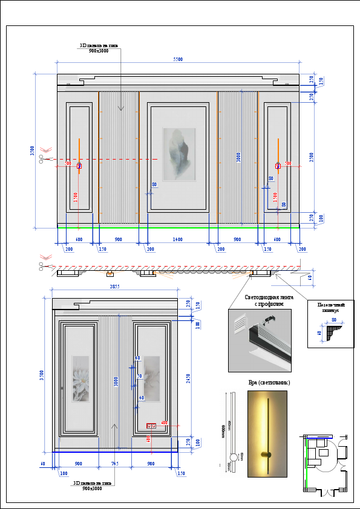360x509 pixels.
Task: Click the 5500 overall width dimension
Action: [178, 59]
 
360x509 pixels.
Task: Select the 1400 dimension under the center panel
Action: [177, 240]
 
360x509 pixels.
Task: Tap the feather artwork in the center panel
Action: [180, 154]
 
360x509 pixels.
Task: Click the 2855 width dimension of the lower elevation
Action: [115, 287]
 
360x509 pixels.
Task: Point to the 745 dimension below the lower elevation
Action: [115, 464]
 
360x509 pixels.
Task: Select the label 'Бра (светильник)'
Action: [269, 383]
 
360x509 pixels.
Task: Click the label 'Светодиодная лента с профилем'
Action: [268, 300]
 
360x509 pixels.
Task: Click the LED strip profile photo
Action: [260, 340]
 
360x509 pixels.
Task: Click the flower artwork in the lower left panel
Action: [80, 378]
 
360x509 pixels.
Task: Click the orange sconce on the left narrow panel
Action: [79, 156]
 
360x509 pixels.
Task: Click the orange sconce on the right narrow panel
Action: [277, 156]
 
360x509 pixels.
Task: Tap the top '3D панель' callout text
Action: [101, 48]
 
